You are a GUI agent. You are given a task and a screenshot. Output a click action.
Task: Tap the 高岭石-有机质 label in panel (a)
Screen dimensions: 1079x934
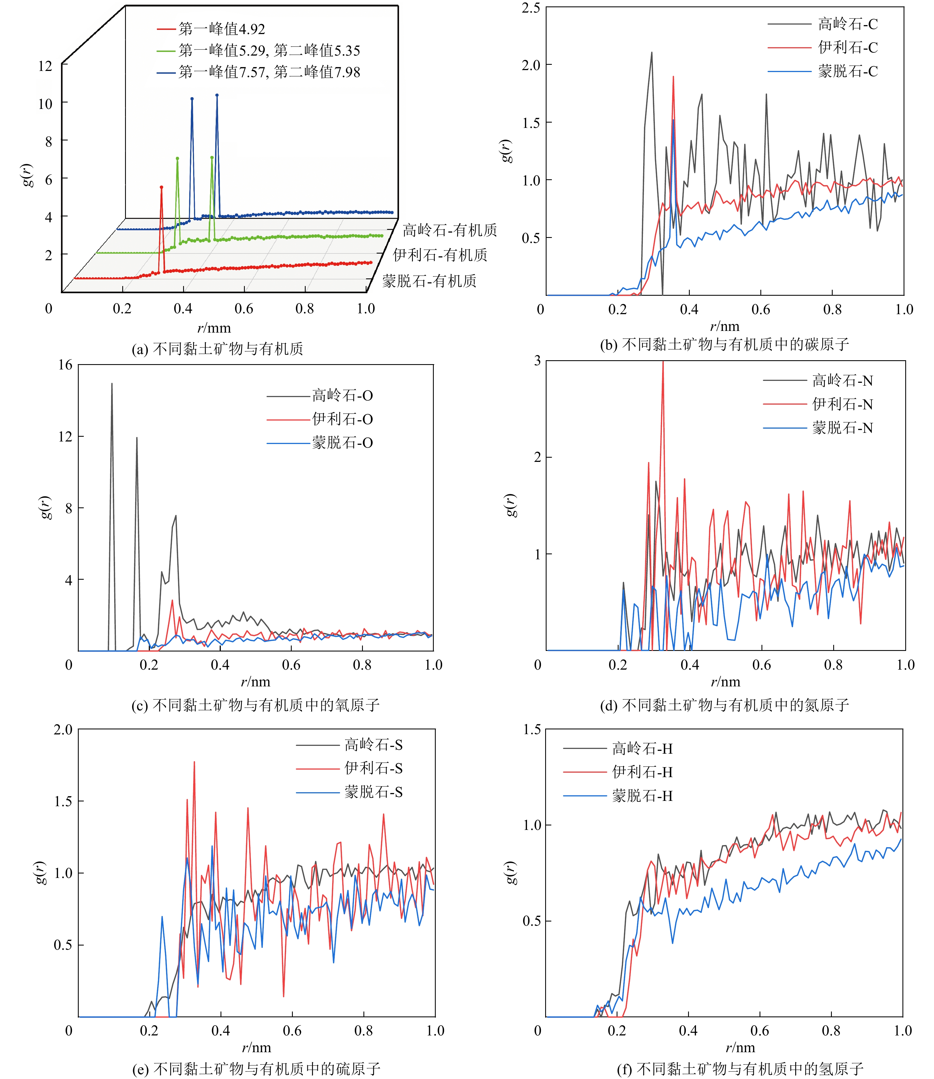(449, 230)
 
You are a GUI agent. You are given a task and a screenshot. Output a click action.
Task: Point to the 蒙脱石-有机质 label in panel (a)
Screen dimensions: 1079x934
(429, 281)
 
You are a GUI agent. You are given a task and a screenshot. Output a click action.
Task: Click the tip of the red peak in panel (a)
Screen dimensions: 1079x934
(162, 187)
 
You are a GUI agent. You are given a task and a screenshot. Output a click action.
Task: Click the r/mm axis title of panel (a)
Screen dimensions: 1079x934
(214, 328)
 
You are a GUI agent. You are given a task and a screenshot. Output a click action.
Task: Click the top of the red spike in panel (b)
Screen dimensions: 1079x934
(673, 77)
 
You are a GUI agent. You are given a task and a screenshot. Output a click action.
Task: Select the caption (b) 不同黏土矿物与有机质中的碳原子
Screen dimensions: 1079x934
(724, 344)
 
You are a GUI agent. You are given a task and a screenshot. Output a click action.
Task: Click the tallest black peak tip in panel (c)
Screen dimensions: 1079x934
(112, 384)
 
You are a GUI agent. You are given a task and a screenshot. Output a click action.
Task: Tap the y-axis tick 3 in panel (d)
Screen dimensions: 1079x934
(537, 361)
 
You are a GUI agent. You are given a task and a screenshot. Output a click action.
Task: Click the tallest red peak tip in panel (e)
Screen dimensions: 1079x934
(194, 762)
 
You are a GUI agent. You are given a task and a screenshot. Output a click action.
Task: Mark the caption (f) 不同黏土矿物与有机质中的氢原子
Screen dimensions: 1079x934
(740, 1069)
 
